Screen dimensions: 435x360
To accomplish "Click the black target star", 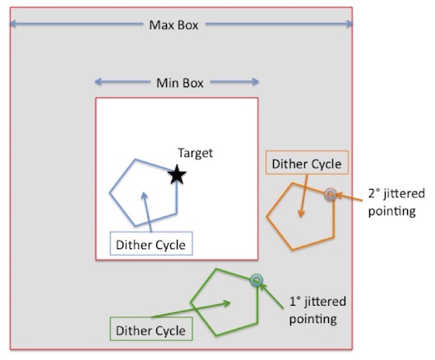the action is tap(177, 174).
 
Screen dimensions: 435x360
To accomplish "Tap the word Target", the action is tap(196, 153).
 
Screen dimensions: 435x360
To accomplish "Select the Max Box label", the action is tap(174, 25).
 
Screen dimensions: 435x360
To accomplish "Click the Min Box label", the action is tap(180, 83).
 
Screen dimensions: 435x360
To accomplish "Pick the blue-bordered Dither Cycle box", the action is tap(151, 243).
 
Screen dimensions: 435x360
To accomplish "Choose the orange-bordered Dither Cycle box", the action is tap(307, 163).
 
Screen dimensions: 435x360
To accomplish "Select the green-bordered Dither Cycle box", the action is tap(151, 329).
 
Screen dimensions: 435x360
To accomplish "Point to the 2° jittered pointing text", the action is tap(396, 202).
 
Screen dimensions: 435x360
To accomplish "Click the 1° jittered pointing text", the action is tap(317, 310).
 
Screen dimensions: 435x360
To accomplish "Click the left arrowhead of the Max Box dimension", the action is tap(12, 24).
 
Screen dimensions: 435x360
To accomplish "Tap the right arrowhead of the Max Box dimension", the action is tap(350, 24).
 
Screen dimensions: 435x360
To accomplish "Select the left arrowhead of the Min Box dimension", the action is tap(97, 81).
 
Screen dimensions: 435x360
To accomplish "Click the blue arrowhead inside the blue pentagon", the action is tap(144, 196).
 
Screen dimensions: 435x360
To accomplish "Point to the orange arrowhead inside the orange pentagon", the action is tap(301, 214).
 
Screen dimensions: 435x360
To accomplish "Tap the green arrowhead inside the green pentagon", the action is tap(228, 303).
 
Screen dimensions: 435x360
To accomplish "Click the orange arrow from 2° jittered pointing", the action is tap(349, 197).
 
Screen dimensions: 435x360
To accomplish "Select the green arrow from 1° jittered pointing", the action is tap(271, 296).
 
